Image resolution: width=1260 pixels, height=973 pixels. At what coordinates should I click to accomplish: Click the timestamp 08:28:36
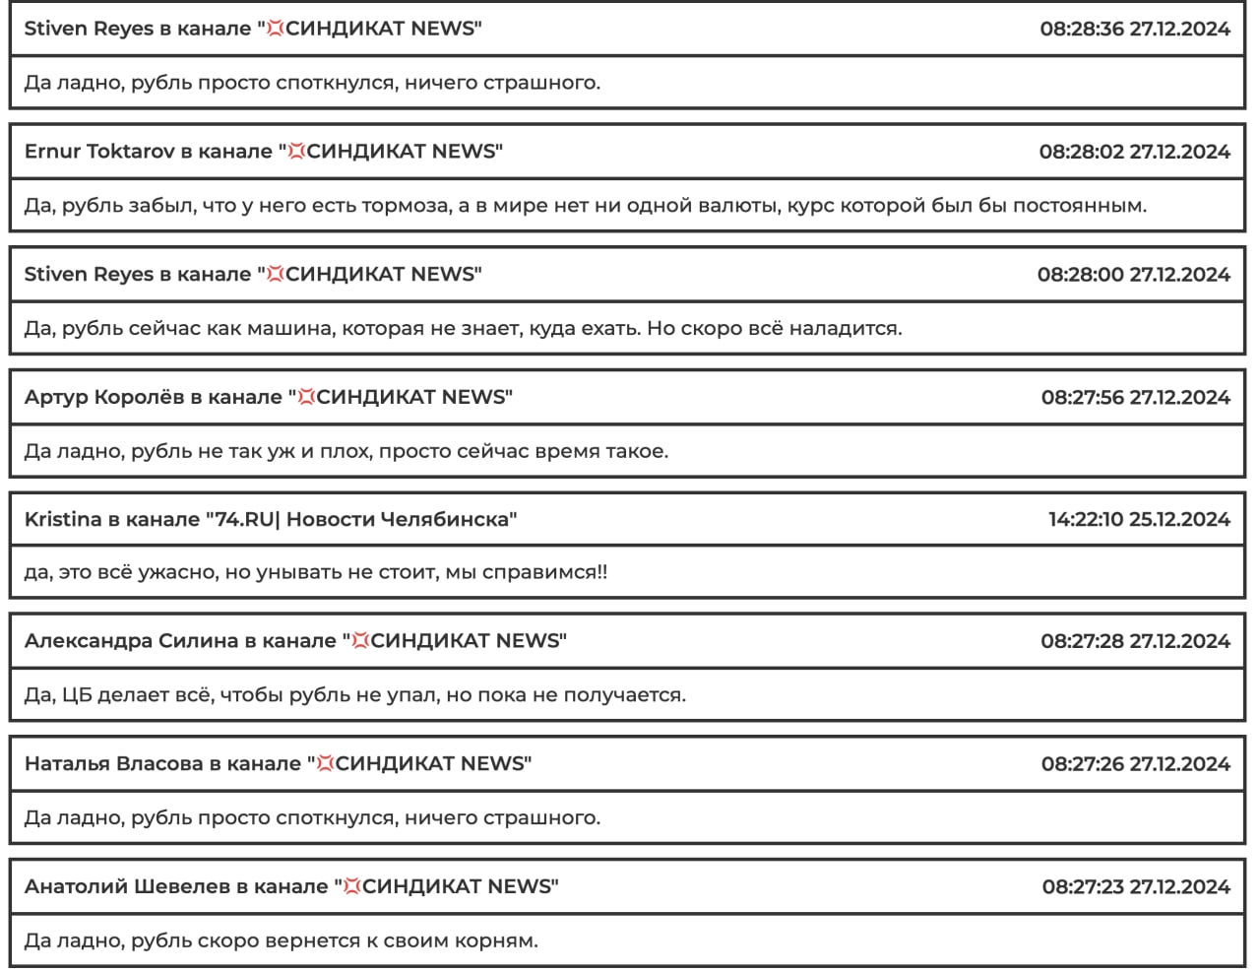click(1081, 29)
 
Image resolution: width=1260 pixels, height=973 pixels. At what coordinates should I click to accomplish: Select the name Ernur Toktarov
click(98, 152)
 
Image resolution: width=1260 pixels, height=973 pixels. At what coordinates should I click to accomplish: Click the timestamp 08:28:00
click(1079, 275)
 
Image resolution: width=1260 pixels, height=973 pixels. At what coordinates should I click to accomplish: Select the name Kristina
click(63, 520)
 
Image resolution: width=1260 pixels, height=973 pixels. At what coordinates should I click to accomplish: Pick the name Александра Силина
click(131, 641)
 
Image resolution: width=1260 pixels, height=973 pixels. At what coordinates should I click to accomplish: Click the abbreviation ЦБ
click(76, 695)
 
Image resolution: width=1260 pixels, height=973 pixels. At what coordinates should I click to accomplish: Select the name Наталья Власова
click(113, 764)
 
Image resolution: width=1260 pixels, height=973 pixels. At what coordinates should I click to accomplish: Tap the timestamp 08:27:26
click(1082, 764)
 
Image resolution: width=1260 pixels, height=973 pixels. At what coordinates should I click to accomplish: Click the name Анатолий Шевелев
click(127, 887)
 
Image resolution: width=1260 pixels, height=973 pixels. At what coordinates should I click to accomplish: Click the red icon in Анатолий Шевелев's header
click(351, 887)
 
